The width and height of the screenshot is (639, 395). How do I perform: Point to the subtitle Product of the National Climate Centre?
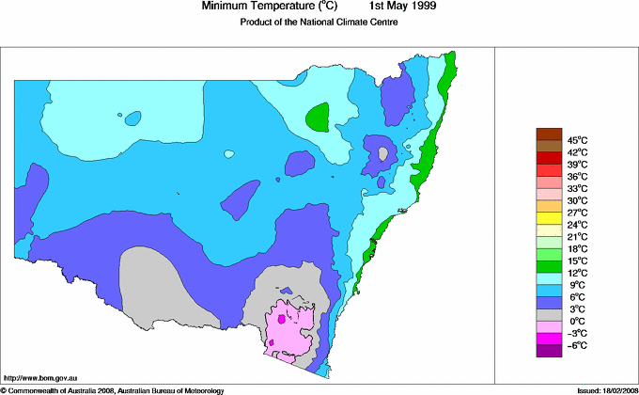319,22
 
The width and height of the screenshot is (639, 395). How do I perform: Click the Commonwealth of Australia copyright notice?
113,389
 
